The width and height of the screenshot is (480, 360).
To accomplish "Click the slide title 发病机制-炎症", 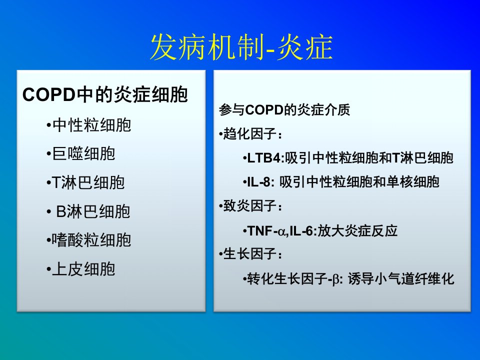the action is [241, 47].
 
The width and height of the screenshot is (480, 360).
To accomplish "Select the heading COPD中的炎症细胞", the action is [105, 94].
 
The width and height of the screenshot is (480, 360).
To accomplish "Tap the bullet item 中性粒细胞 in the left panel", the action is [91, 125].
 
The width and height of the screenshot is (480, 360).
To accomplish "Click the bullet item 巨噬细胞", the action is [83, 153].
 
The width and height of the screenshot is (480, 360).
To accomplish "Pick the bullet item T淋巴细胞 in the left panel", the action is [88, 183].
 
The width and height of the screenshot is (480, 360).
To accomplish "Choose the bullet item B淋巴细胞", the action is [93, 211].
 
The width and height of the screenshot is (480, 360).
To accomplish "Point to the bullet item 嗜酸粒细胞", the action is [91, 240].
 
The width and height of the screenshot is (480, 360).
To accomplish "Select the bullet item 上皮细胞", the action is [83, 269].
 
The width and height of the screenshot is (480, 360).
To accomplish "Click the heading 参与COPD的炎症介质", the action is [284, 109].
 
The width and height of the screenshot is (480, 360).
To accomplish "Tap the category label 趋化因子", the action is [250, 134].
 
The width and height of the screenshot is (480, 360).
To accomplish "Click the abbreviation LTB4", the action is [263, 158].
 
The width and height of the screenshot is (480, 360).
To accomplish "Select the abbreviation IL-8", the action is [258, 182].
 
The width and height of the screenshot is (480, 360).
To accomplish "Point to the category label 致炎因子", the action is [250, 205].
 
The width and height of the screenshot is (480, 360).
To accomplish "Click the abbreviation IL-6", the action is [301, 231].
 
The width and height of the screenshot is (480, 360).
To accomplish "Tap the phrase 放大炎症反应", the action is [357, 231].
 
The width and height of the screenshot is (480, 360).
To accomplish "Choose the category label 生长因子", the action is [250, 254].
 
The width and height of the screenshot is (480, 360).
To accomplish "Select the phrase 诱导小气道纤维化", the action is [400, 279].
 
